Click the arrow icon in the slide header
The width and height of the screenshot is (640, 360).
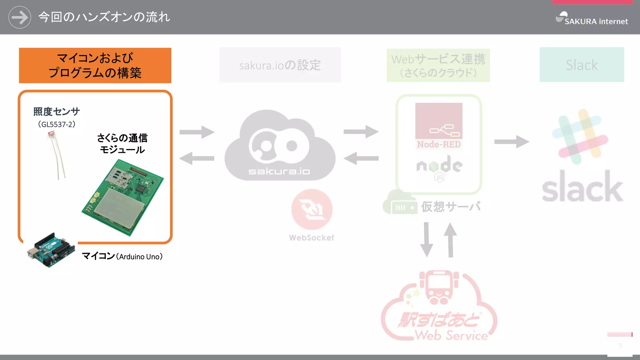pos(19,17)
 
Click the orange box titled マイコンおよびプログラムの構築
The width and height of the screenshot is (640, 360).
pos(95,65)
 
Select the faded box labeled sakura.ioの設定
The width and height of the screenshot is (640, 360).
pos(280,65)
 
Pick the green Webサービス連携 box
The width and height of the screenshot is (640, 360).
pos(438,65)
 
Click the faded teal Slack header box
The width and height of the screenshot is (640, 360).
pos(582,65)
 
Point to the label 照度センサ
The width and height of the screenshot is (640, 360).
pos(57,112)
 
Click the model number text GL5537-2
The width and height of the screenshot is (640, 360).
pos(57,124)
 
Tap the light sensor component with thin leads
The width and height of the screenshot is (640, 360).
pos(56,155)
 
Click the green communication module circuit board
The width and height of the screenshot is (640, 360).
pos(123,198)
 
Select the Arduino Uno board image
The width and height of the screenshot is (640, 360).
pos(51,250)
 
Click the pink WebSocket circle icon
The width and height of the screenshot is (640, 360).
pos(312,209)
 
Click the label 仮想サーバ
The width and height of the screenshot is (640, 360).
pos(450,207)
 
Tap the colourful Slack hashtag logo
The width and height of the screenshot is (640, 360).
pos(580,137)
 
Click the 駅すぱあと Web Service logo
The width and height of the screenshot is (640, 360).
pos(439,308)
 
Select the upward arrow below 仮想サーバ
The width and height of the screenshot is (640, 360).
pos(450,240)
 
